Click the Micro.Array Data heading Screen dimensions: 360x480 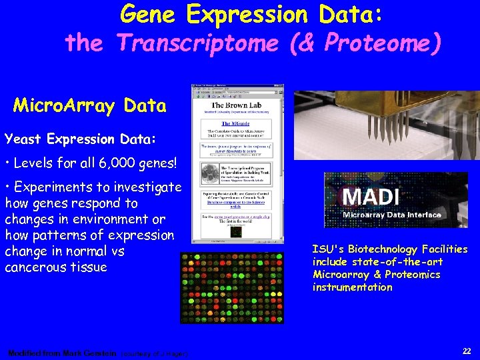tap(90, 106)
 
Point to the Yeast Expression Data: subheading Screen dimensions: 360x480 tap(81, 139)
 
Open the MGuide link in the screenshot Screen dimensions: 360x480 tap(232, 123)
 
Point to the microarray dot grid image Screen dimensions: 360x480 tap(232, 288)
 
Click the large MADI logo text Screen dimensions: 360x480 tap(371, 197)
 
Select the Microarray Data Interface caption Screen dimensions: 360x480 tap(391, 215)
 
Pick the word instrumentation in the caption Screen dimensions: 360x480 tap(352, 287)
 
